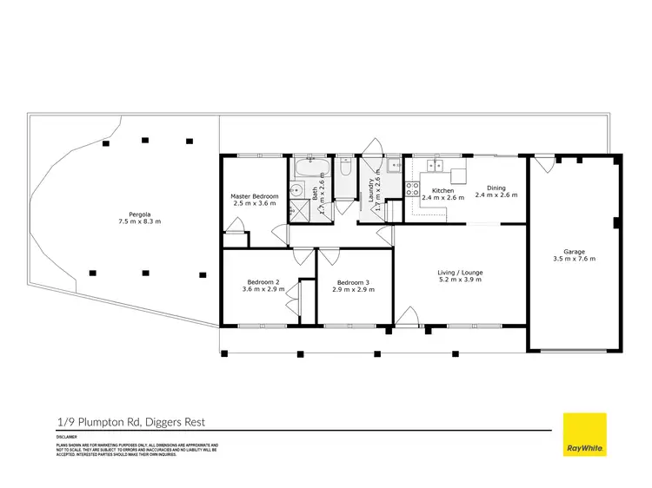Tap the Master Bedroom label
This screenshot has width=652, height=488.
tap(255, 196)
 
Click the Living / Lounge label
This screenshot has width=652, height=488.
tap(460, 273)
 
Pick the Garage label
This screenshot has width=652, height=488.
tap(574, 252)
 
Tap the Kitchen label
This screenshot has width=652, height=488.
tap(443, 190)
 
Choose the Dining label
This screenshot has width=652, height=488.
tap(496, 188)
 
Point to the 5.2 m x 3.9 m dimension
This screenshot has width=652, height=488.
tap(460, 280)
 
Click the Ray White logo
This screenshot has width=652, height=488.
tap(585, 433)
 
